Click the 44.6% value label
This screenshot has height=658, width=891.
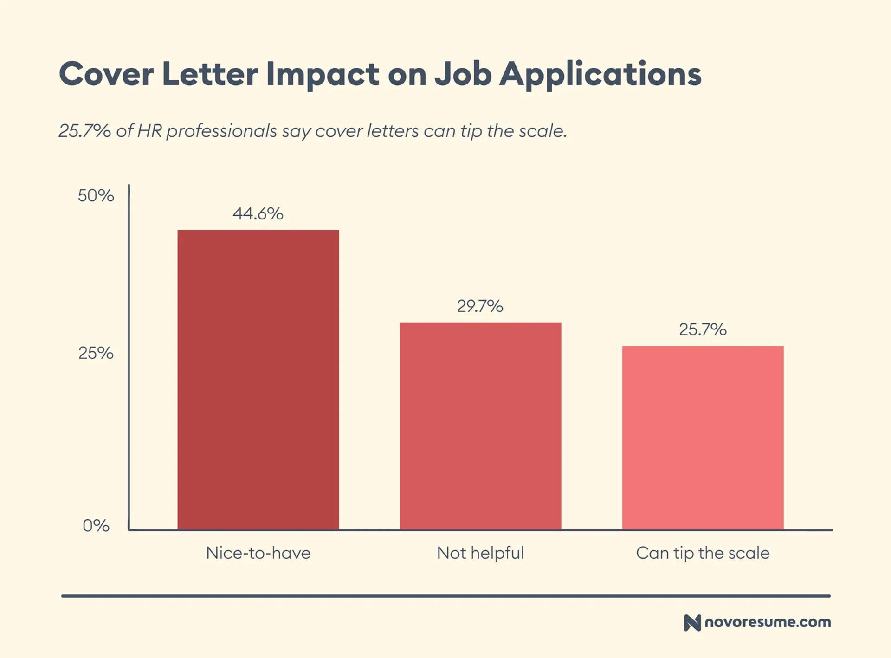[x=258, y=213]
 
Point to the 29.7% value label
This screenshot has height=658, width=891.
[x=480, y=306]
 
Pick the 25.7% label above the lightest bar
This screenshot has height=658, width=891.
[x=703, y=329]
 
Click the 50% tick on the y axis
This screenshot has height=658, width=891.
[x=96, y=195]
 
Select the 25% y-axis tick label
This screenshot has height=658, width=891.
[x=96, y=353]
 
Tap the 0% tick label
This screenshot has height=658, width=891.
[x=96, y=525]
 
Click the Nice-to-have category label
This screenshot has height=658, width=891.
[x=258, y=553]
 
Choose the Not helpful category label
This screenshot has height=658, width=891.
[x=480, y=553]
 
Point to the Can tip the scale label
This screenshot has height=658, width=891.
[x=703, y=553]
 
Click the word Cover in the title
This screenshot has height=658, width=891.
[x=106, y=74]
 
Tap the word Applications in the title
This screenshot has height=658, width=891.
[x=600, y=74]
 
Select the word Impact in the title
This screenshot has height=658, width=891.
[x=323, y=74]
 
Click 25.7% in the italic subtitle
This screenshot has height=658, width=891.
[x=84, y=131]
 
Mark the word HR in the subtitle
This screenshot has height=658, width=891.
[x=149, y=131]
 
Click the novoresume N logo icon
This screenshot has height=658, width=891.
[x=692, y=622]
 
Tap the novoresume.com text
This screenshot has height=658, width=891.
[x=768, y=622]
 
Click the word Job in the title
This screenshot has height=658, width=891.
[x=463, y=74]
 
